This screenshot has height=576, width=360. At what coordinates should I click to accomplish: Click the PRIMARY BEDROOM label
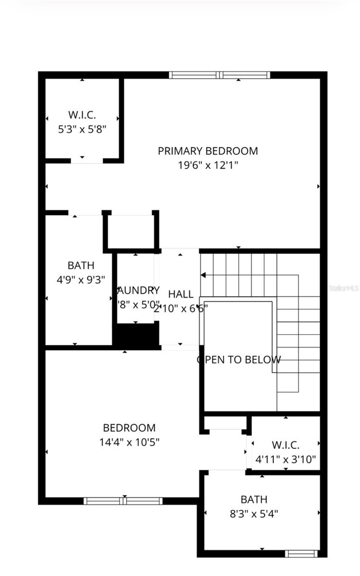point(208,151)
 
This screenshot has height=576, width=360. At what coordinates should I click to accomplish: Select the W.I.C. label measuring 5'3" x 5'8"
point(82,115)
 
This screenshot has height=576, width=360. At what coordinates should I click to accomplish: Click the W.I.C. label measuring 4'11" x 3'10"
point(286,444)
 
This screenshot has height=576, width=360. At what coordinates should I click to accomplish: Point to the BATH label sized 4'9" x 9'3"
point(81,265)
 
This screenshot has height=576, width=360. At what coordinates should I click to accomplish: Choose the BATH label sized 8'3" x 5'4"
point(254,499)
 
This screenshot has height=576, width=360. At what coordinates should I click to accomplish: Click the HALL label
point(181,294)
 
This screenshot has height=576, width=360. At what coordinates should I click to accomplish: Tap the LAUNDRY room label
point(139,290)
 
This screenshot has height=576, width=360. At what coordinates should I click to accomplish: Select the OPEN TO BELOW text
point(239,360)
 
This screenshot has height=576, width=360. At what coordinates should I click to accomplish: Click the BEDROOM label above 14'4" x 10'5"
point(129,427)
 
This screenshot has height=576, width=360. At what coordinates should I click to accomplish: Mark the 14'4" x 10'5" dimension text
point(129,442)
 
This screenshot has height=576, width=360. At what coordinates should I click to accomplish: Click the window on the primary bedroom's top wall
point(219,75)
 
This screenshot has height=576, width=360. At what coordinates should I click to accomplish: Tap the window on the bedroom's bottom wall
point(123,501)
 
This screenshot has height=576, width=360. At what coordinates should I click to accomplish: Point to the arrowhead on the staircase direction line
point(203,275)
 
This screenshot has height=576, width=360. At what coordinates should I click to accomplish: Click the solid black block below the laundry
point(136,334)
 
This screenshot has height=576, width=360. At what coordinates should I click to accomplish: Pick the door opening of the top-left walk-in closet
point(87,160)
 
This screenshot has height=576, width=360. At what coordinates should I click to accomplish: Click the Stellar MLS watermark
point(343,288)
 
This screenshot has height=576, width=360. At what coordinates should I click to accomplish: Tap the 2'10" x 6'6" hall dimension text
point(181,309)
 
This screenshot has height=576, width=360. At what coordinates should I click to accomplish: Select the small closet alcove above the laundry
point(131,231)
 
